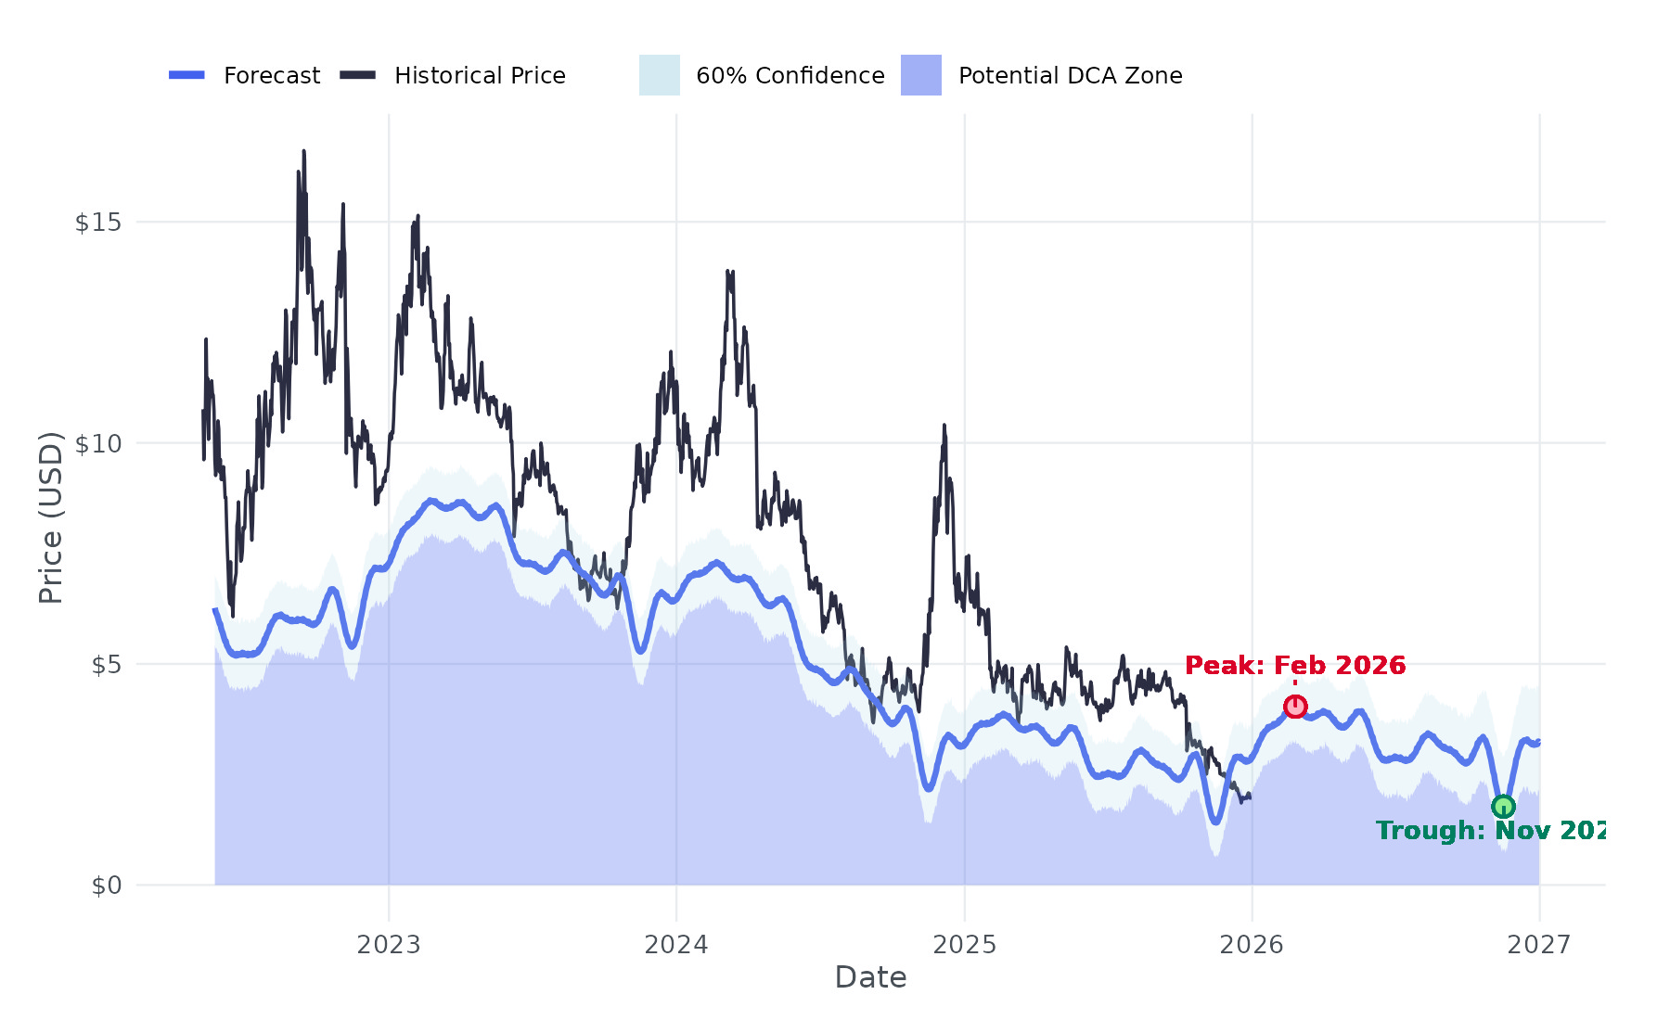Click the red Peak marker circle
[1295, 707]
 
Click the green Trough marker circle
[1503, 807]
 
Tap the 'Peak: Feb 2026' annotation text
[1295, 666]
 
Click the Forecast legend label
[272, 76]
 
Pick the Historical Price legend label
[480, 76]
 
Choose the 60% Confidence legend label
[790, 76]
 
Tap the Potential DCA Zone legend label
[1071, 76]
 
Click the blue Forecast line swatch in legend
[186, 75]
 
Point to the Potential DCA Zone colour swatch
[920, 75]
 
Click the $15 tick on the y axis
[98, 223]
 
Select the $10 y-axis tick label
[98, 443]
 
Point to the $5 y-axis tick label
[106, 665]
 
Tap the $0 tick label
[106, 886]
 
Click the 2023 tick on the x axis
[389, 945]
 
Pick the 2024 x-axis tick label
[676, 945]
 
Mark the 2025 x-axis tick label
[964, 945]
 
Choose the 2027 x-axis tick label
[1539, 945]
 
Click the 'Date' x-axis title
[870, 977]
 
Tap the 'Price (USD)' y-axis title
[51, 517]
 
